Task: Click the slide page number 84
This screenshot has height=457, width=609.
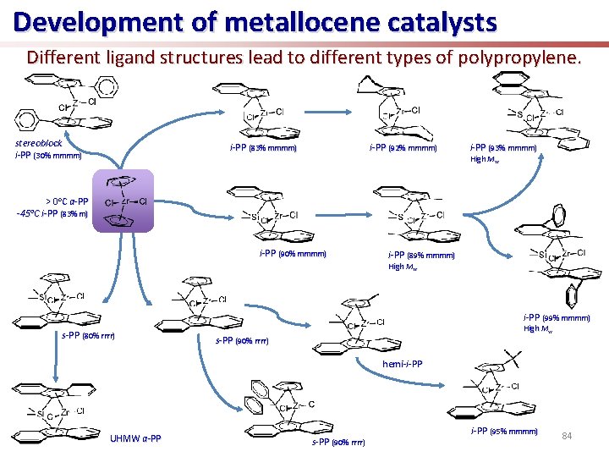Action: pyautogui.click(x=568, y=435)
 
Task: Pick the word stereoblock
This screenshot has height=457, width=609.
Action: pyautogui.click(x=40, y=143)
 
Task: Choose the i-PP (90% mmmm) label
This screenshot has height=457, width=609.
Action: pyautogui.click(x=293, y=253)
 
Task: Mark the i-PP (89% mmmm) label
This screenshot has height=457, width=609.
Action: pyautogui.click(x=421, y=255)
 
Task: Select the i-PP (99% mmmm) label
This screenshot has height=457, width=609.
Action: pyautogui.click(x=556, y=318)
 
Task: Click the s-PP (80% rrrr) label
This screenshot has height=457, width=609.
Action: pyautogui.click(x=88, y=336)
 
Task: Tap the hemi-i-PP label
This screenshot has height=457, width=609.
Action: pyautogui.click(x=402, y=363)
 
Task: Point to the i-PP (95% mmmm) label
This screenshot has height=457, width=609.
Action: pyautogui.click(x=503, y=432)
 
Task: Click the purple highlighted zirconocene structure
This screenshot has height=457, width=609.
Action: pyautogui.click(x=123, y=201)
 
